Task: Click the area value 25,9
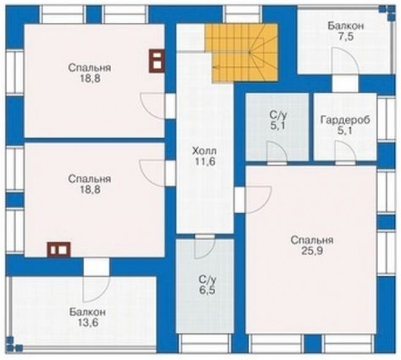coord(312,251)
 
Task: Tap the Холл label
coord(204,151)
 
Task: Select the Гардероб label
coord(345,120)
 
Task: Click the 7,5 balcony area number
coord(346,36)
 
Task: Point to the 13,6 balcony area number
coord(88,322)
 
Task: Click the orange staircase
coord(241,52)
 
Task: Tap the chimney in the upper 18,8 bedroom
coord(157,61)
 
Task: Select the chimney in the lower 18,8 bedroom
coord(59,250)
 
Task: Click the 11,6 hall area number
coord(204,162)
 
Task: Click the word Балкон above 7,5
coord(346,26)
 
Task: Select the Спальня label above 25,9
coord(312,240)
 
